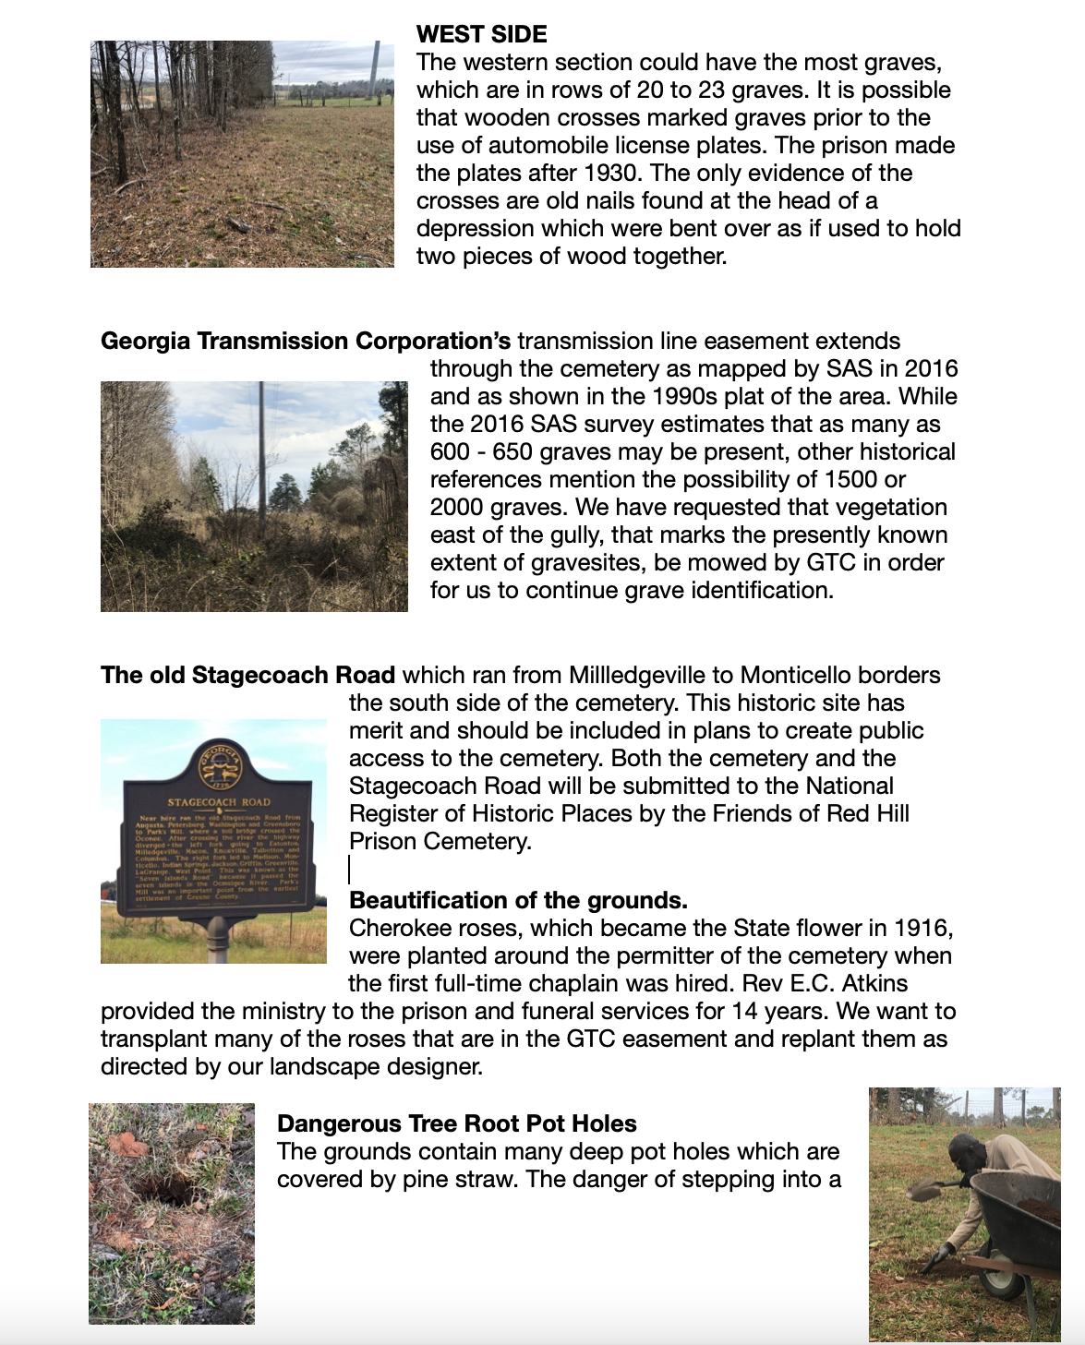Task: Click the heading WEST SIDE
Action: pos(481,34)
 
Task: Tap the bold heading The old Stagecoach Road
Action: pos(247,675)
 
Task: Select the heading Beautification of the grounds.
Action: pos(518,900)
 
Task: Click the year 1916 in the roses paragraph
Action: pos(923,928)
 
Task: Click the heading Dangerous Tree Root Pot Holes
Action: pos(456,1123)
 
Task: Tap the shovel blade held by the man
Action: pos(924,1190)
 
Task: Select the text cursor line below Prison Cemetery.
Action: pos(350,870)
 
